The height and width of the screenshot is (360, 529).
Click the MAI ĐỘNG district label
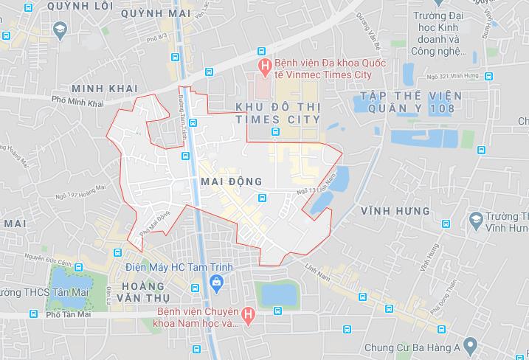tap(231, 181)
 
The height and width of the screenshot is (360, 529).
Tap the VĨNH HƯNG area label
tap(395, 211)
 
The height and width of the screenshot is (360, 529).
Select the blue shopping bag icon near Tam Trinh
tap(216, 281)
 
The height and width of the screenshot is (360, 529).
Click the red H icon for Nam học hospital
tap(249, 316)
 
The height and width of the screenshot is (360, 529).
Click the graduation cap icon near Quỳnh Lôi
tap(60, 30)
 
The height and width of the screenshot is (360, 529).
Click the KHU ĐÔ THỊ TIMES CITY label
tap(277, 113)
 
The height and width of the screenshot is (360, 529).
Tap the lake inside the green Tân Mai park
tap(70, 281)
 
